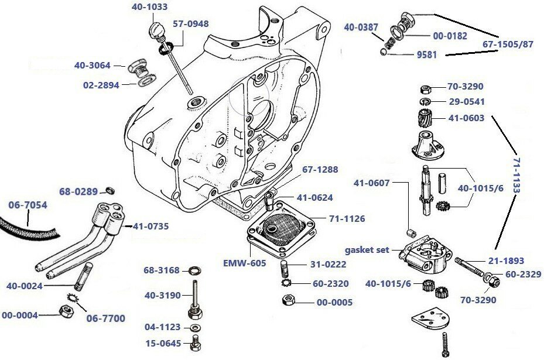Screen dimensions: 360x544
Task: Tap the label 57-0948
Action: coord(190,24)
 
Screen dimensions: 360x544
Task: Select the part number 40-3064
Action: coord(92,66)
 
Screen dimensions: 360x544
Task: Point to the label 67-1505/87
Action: coord(508,44)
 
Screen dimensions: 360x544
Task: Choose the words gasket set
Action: coord(367,250)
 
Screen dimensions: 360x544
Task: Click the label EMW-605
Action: coord(245,263)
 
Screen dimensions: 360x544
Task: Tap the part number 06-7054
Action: coord(28,205)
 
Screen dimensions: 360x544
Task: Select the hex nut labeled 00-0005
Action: coord(288,302)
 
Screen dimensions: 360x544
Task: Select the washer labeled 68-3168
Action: coord(193,270)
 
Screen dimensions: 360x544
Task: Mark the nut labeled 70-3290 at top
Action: coord(426,89)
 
